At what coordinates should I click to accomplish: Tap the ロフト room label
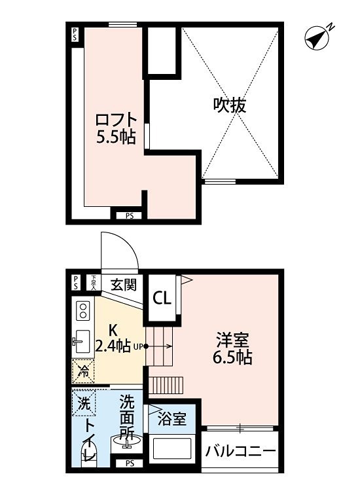[117, 120]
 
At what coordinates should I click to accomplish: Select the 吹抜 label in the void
[230, 105]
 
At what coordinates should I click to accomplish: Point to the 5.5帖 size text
[117, 139]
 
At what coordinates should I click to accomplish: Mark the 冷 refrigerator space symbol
[83, 371]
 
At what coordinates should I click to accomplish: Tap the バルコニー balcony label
[239, 451]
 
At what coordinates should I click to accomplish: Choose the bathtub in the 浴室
[172, 450]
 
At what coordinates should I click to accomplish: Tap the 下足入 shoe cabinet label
[94, 282]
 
